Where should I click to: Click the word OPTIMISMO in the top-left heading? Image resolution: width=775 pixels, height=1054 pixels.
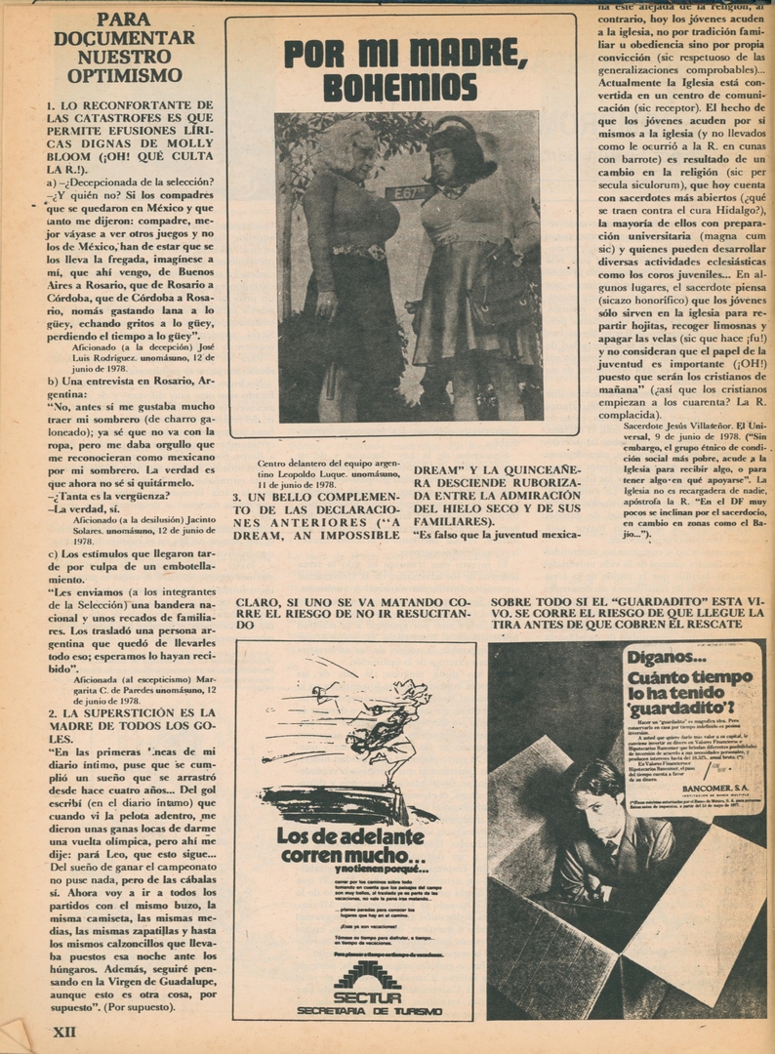(117, 75)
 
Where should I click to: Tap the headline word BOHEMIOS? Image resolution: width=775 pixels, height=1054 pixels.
(400, 88)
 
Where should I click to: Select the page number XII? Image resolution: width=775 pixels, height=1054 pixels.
(63, 1031)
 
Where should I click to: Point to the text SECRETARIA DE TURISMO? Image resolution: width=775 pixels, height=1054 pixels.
(369, 1011)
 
